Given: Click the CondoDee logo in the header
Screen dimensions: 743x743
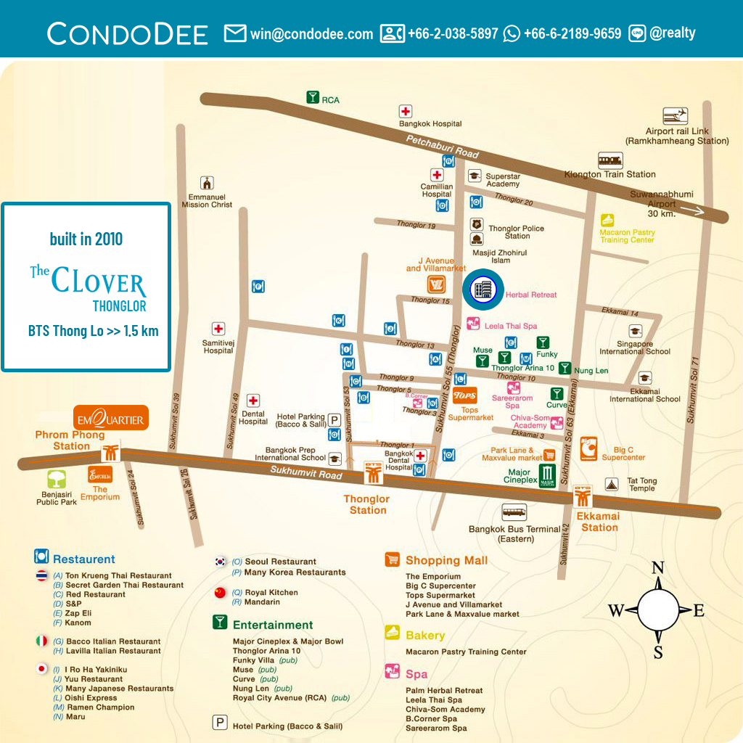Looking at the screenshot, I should click(128, 33).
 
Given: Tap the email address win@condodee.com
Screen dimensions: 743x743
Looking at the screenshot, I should click(311, 33).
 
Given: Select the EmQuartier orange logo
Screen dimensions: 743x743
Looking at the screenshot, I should click(111, 419).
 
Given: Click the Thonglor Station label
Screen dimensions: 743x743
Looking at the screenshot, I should click(367, 504).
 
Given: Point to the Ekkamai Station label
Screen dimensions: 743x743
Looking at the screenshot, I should click(599, 522).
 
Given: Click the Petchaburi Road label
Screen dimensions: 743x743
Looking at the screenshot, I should click(443, 147).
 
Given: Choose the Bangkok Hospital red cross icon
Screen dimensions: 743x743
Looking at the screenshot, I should click(406, 112).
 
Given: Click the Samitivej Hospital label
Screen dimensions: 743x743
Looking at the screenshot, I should click(218, 346).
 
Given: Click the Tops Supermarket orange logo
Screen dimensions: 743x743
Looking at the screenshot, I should click(464, 396).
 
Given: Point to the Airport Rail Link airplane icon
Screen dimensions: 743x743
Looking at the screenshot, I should click(675, 116).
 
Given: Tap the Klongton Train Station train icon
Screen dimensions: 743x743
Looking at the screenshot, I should click(611, 160).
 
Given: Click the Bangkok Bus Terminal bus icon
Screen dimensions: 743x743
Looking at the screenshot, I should click(514, 512).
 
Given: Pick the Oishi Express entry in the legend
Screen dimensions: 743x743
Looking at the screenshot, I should click(91, 698).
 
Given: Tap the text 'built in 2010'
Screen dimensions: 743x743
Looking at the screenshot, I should click(86, 239).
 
